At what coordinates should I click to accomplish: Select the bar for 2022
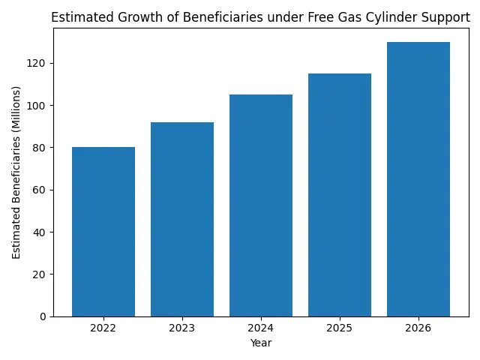tap(103, 232)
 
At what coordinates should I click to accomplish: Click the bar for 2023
tap(182, 219)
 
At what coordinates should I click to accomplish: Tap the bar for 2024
tap(261, 205)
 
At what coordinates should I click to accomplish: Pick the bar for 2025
tap(340, 195)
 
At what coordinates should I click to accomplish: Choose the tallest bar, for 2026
tap(418, 179)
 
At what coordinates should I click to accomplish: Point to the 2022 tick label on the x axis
tap(103, 328)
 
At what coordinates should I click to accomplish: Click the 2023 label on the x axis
tap(182, 328)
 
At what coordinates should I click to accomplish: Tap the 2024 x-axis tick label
tap(261, 328)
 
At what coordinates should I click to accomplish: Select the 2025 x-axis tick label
tap(340, 328)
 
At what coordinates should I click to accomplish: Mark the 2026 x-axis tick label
tap(418, 328)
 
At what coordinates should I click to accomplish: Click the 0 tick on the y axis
tap(43, 316)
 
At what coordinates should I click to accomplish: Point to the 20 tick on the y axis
tap(40, 274)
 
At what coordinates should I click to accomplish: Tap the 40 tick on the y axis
tap(40, 232)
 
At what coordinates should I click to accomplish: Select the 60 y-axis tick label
tap(40, 190)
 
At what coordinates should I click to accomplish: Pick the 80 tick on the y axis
tap(40, 148)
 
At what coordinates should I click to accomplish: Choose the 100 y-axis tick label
tap(38, 106)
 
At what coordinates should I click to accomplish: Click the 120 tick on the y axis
tap(38, 63)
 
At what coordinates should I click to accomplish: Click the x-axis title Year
tap(261, 343)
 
